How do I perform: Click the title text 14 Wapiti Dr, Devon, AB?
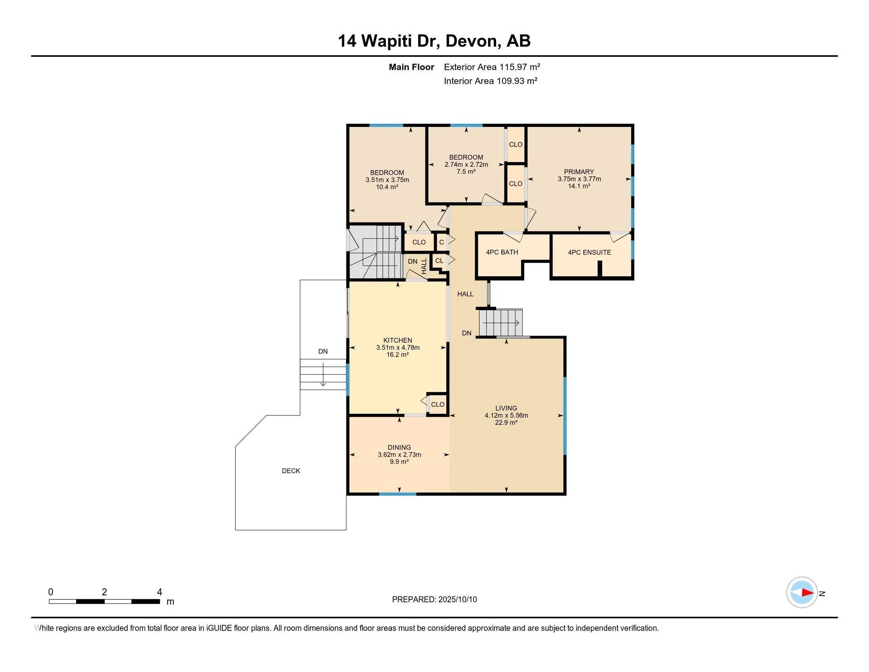pyautogui.click(x=434, y=41)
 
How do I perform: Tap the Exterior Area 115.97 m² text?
pyautogui.click(x=492, y=67)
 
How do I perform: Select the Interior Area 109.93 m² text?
pyautogui.click(x=490, y=81)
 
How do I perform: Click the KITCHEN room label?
pyautogui.click(x=397, y=340)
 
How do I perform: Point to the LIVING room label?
pyautogui.click(x=506, y=408)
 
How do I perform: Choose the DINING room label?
pyautogui.click(x=399, y=447)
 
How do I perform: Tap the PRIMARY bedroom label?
pyautogui.click(x=579, y=172)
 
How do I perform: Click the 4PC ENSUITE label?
pyautogui.click(x=589, y=253)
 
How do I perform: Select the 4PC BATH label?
pyautogui.click(x=502, y=253)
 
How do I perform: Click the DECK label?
pyautogui.click(x=291, y=471)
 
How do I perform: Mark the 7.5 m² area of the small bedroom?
pyautogui.click(x=466, y=172)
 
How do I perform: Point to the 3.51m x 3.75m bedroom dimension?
pyautogui.click(x=387, y=179)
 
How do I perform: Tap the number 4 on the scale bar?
pyautogui.click(x=159, y=592)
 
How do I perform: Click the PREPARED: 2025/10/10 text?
pyautogui.click(x=434, y=600)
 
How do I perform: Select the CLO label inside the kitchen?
pyautogui.click(x=437, y=404)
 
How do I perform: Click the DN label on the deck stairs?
pyautogui.click(x=323, y=351)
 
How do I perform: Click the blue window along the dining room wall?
pyautogui.click(x=397, y=494)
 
